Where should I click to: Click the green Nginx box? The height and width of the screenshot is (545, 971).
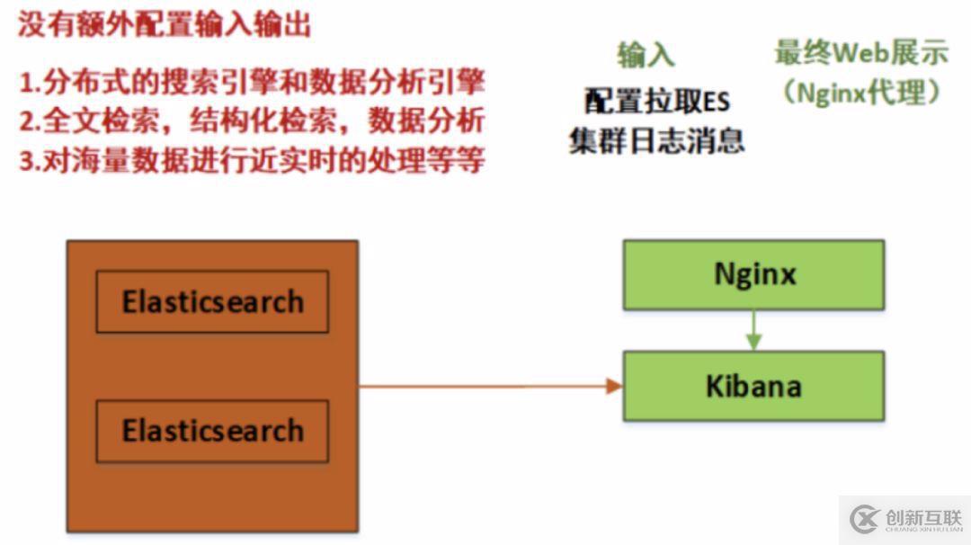click(x=753, y=275)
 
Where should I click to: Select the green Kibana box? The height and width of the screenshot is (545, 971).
click(x=753, y=386)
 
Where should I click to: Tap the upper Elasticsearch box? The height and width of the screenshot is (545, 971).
click(x=212, y=301)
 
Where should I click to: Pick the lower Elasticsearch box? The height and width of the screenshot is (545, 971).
click(x=212, y=431)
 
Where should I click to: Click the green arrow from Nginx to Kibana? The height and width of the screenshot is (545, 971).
click(x=753, y=330)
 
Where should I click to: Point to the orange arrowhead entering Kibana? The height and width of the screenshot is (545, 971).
click(x=614, y=387)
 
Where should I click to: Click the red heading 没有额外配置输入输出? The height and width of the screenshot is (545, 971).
click(x=165, y=25)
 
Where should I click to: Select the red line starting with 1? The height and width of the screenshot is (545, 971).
click(x=252, y=82)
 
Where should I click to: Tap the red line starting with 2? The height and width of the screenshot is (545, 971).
click(x=252, y=121)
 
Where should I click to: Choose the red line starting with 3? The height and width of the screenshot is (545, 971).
click(x=252, y=160)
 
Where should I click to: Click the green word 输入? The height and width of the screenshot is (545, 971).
click(x=646, y=55)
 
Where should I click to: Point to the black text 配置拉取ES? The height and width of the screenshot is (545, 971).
click(x=657, y=101)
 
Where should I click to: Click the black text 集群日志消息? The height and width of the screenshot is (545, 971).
click(x=657, y=140)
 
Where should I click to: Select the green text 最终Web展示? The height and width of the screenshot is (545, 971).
click(x=861, y=53)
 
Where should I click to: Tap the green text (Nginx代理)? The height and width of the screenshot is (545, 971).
click(x=861, y=93)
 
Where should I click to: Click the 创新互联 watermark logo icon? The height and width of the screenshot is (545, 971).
click(x=864, y=519)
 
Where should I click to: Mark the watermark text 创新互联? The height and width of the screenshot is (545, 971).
click(x=924, y=517)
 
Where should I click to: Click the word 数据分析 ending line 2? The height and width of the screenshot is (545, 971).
click(x=426, y=121)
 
